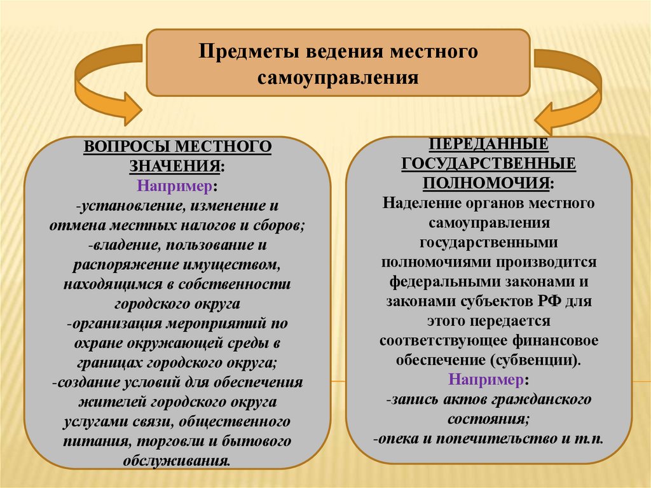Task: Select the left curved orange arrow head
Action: tap(127, 108)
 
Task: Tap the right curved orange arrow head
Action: tap(550, 117)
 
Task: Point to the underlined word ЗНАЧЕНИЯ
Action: tap(175, 166)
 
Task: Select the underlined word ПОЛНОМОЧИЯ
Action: tap(486, 183)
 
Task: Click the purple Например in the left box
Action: tap(174, 186)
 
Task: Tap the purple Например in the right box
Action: tap(486, 380)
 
